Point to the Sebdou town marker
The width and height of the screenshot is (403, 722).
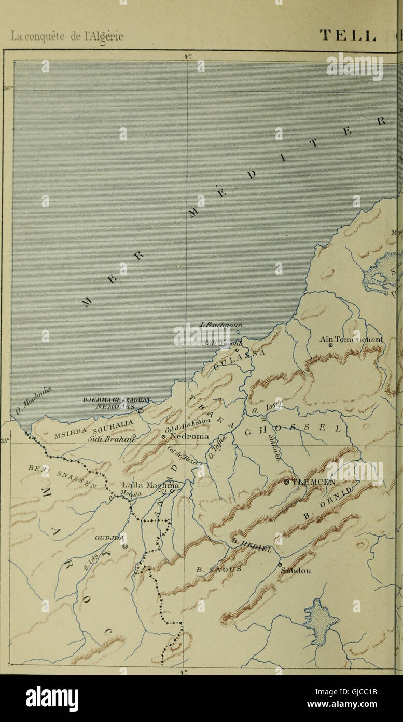(x=280, y=565)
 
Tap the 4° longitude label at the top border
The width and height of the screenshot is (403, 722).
(x=187, y=57)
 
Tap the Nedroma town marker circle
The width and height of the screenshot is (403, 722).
(x=163, y=437)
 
